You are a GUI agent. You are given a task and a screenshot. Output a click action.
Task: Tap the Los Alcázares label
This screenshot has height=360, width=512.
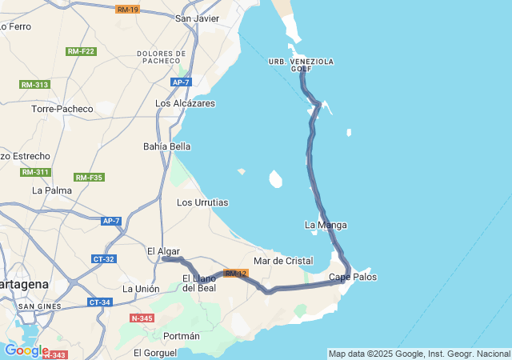(185, 103)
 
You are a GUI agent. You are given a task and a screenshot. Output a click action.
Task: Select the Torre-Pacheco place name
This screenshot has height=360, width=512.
(62, 109)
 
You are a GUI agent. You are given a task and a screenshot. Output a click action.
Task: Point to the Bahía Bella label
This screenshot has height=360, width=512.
(166, 146)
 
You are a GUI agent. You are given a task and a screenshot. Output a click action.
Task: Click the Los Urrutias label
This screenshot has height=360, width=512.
(202, 202)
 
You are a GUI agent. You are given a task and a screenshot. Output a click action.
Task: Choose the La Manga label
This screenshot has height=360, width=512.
(326, 225)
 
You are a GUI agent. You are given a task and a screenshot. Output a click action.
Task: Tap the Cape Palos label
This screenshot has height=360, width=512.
(353, 278)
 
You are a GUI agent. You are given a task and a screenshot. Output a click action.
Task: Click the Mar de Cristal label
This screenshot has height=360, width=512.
(282, 262)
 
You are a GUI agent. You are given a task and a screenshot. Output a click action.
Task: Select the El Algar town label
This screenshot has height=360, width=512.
(163, 251)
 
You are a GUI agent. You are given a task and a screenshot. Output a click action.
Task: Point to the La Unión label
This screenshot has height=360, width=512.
(141, 289)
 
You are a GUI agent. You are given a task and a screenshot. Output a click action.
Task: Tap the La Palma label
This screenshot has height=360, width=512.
(51, 190)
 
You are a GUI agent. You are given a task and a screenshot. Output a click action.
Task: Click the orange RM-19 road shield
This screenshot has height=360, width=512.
(127, 10)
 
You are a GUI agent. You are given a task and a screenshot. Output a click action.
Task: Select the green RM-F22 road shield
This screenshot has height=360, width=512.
(80, 51)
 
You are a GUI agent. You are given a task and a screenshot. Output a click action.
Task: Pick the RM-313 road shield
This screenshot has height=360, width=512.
(34, 85)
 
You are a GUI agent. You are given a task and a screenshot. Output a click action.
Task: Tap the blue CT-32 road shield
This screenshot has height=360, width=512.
(104, 259)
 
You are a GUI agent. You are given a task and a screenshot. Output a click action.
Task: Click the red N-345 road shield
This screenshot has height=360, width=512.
(141, 318)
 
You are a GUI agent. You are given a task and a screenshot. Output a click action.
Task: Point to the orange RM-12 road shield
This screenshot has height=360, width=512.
(236, 274)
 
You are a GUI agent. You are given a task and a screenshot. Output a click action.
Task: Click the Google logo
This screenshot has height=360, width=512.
(26, 350)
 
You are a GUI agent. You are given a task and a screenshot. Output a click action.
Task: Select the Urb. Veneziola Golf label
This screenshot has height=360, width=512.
(301, 65)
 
